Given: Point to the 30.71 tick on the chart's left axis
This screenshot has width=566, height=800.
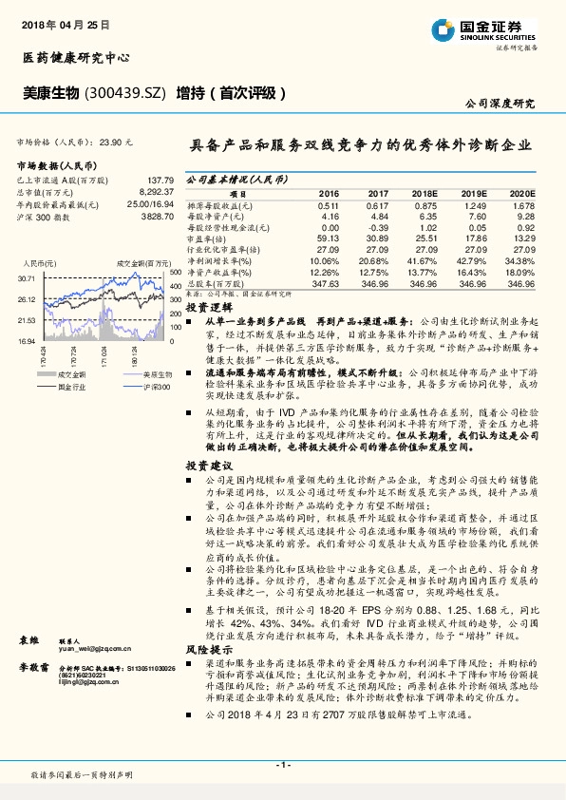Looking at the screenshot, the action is pos(26,278).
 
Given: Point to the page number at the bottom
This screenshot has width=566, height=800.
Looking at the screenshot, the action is pos(282,763).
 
